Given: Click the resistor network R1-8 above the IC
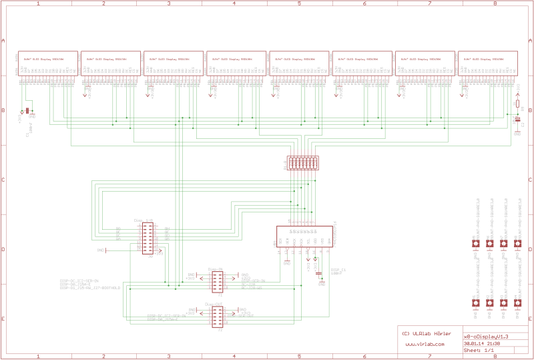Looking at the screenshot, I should point(302,163).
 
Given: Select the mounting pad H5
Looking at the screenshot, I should point(475,244).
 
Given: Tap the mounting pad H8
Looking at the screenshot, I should point(517,244).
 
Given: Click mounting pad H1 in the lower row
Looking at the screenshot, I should point(475,303).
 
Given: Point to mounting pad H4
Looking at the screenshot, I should point(517,303).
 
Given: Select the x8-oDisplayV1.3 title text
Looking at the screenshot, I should point(486,337).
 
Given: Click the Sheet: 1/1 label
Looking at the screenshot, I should point(479,350).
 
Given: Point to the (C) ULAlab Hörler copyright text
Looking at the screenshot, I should point(425,333).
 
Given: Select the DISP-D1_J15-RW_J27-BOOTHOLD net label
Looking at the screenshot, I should point(89,288).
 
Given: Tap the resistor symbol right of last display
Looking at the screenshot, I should point(517,104).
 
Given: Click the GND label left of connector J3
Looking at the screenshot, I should point(101,250).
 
